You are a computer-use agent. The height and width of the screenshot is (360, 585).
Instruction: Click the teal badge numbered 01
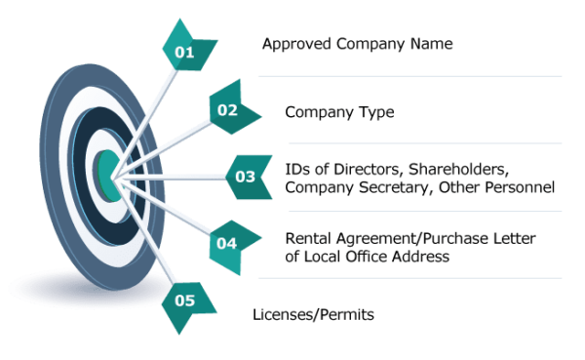click(x=184, y=49)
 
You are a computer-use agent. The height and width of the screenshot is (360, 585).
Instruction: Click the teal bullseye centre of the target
click(x=107, y=173)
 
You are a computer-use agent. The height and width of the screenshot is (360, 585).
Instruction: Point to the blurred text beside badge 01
click(x=357, y=45)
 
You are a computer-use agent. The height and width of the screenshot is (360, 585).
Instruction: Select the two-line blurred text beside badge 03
click(x=423, y=177)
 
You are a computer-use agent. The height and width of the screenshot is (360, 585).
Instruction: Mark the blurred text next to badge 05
click(x=317, y=314)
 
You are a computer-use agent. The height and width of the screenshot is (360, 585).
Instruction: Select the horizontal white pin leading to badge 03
click(x=171, y=177)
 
